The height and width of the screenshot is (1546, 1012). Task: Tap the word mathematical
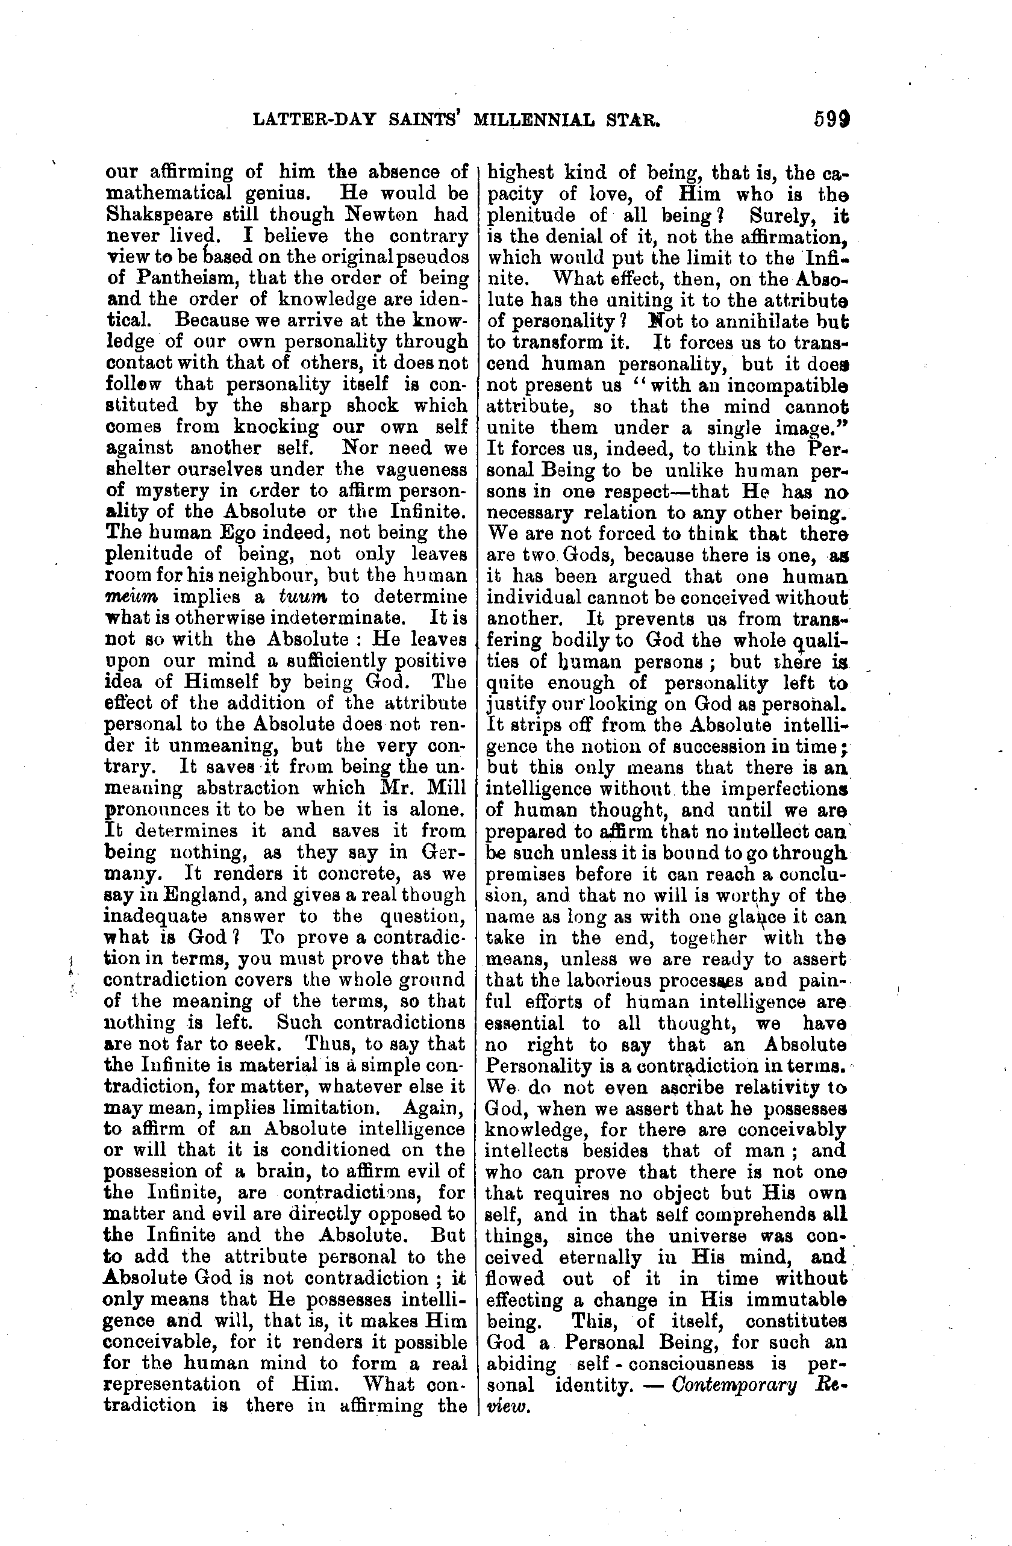pyautogui.click(x=169, y=193)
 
